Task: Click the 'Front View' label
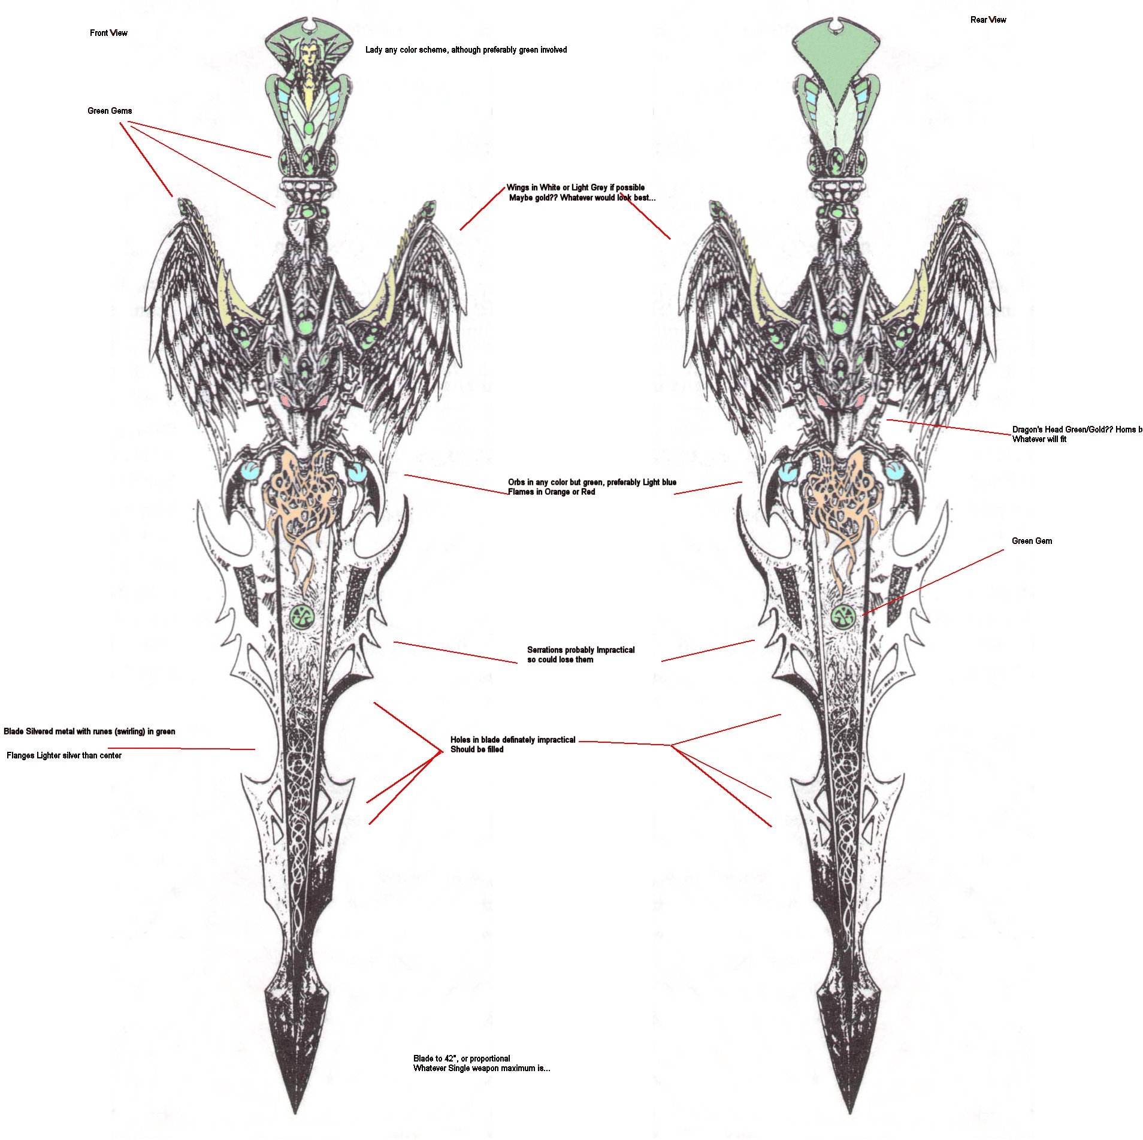pos(108,33)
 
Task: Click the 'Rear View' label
pos(988,20)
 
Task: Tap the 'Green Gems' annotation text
pos(110,111)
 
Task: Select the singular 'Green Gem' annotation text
pos(1032,541)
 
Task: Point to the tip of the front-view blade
pos(295,1111)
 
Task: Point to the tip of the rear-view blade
pos(849,1111)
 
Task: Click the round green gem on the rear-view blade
pos(843,615)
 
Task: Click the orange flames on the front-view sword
pos(303,497)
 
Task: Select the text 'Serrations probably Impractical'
pos(580,650)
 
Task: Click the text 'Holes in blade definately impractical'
pos(513,740)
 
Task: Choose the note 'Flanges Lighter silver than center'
pos(64,755)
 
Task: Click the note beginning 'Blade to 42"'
pos(462,1059)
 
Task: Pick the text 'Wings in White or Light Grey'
pos(575,188)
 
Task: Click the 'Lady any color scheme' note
pos(466,50)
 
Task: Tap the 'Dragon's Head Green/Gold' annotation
pos(1077,430)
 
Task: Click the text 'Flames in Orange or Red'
pos(551,492)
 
